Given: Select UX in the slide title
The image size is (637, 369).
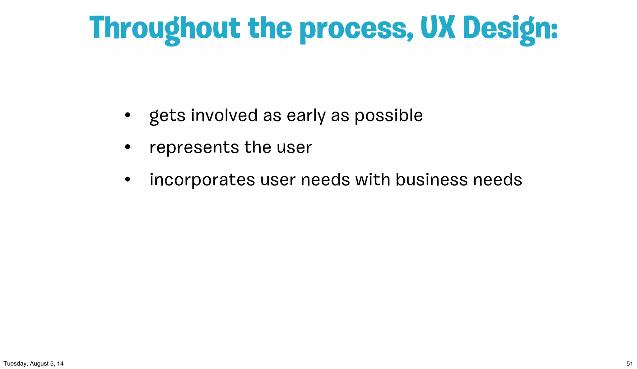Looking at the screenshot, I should pyautogui.click(x=438, y=28).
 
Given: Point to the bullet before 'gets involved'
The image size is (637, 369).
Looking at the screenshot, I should pyautogui.click(x=127, y=116).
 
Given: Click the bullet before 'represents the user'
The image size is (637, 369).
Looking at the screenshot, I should pyautogui.click(x=127, y=147).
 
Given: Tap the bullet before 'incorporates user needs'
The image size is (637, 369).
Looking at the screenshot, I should pyautogui.click(x=127, y=180).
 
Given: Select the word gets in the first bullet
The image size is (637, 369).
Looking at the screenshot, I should pyautogui.click(x=167, y=116).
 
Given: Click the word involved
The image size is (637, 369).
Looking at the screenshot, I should pyautogui.click(x=224, y=115).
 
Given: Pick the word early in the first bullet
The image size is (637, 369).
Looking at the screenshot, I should pyautogui.click(x=306, y=116).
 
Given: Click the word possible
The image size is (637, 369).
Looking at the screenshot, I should pyautogui.click(x=388, y=116).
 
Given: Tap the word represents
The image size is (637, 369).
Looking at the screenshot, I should pyautogui.click(x=194, y=148).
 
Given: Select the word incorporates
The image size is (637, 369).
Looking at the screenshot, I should pyautogui.click(x=202, y=180).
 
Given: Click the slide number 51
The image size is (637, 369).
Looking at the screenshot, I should pyautogui.click(x=630, y=364).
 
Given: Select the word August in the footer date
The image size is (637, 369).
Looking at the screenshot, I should pyautogui.click(x=39, y=364).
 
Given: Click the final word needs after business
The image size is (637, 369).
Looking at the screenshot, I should pyautogui.click(x=497, y=180).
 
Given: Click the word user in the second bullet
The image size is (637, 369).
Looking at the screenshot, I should pyautogui.click(x=294, y=148).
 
